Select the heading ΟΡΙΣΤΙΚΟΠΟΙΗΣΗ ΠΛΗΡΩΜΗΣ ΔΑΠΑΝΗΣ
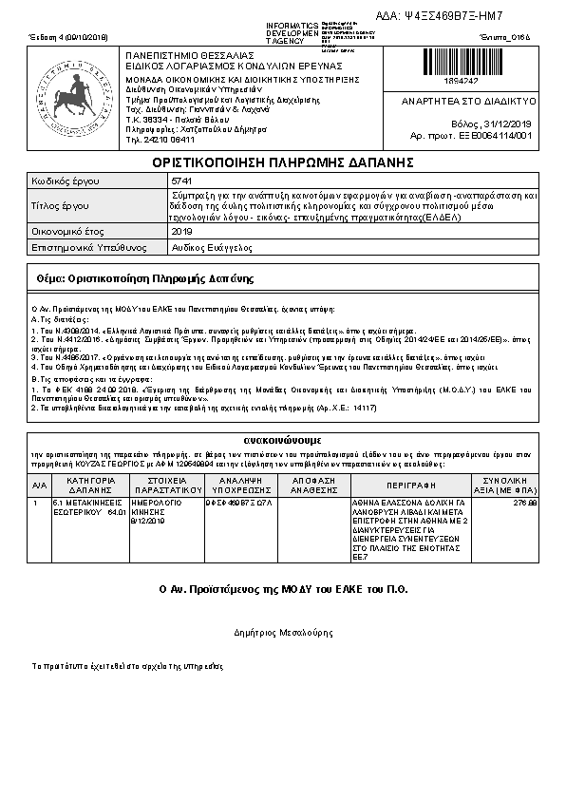click(282, 163)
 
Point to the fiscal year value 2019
click(180, 231)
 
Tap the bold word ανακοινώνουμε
click(282, 441)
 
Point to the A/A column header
click(39, 484)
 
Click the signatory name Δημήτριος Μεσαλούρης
click(282, 630)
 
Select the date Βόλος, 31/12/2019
click(493, 124)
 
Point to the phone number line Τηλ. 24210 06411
click(157, 139)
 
